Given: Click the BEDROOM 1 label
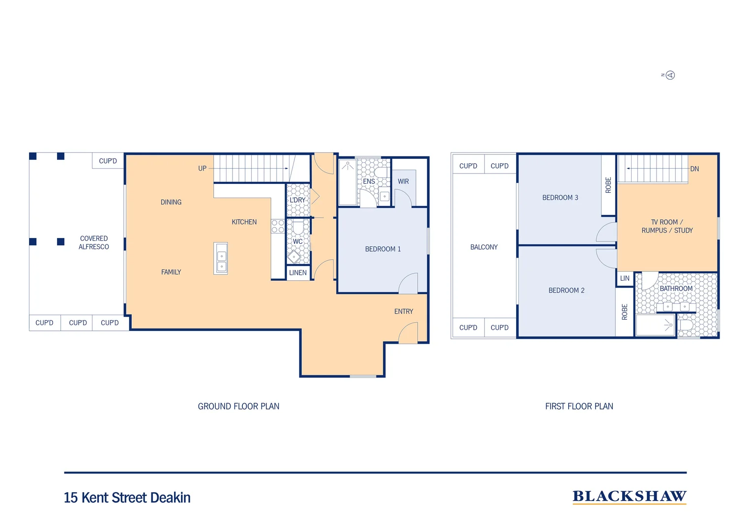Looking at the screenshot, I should coord(383,249).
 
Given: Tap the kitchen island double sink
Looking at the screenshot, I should coord(221,259).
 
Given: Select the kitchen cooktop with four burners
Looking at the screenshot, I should coord(278,226).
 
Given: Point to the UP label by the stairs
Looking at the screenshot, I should coord(202,168).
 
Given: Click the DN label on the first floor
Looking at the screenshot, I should coord(694,169).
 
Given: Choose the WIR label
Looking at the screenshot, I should coord(403,181).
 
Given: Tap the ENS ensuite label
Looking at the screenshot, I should coord(369,181).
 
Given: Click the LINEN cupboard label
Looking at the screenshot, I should coord(298,273).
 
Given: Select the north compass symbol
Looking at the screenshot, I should coord(670,75).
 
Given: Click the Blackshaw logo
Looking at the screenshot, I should coord(629,497).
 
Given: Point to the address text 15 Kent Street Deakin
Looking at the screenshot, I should coord(127,498).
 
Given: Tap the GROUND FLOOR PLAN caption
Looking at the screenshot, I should coord(238,406).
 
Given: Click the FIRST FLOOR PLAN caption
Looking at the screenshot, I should coord(579,406).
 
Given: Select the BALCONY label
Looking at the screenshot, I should coord(484,247).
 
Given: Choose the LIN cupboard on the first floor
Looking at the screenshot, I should coord(625,278).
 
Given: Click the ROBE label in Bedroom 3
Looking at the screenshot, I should coord(608,185).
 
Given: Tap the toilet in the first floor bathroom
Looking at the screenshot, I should coord(686,325).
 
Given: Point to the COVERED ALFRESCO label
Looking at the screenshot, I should coord(94,242).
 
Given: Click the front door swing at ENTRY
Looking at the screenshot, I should coord(408,333).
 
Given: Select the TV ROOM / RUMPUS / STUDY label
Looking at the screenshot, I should coord(667,226).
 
